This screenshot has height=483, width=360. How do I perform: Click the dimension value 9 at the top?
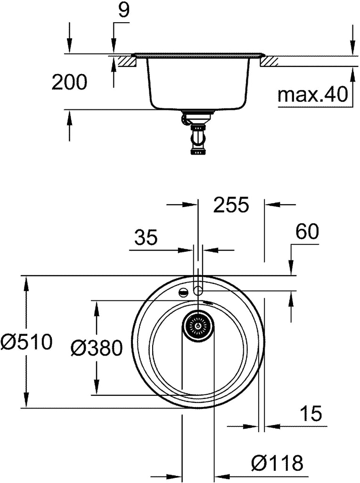click(124, 10)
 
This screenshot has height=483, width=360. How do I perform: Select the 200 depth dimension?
click(69, 82)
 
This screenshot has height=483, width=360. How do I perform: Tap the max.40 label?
click(312, 94)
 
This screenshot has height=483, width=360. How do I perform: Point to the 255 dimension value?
click(231, 205)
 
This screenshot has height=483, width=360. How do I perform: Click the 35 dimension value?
click(146, 238)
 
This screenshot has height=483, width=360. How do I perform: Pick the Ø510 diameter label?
click(26, 342)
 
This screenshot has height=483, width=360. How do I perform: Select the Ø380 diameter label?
click(97, 349)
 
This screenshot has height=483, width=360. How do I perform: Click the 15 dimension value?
click(311, 413)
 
